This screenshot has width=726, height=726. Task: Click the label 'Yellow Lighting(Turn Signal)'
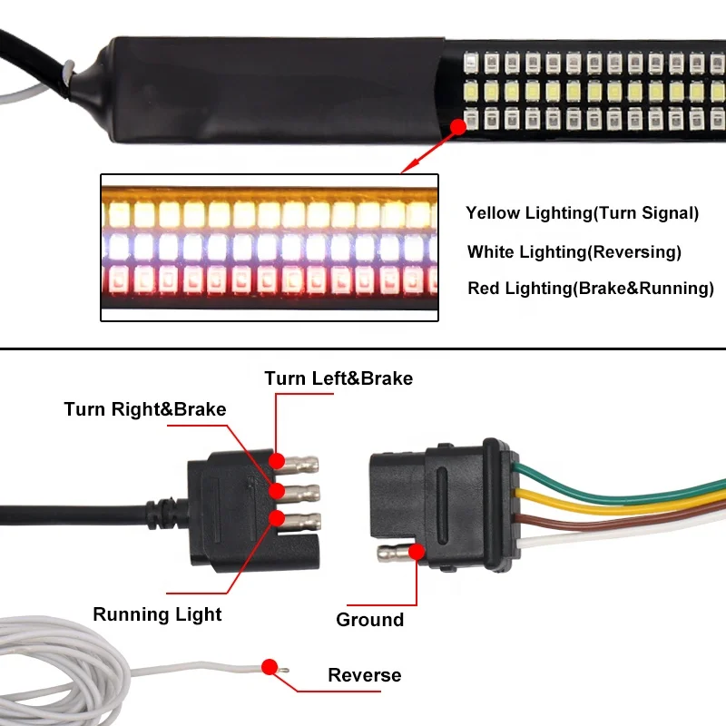[x=582, y=214]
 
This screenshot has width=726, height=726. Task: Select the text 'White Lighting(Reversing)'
[x=574, y=252]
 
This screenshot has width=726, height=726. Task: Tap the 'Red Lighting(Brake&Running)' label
[x=591, y=289]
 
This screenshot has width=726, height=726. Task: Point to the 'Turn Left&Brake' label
[x=338, y=378]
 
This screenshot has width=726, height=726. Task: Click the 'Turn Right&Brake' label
[x=145, y=409]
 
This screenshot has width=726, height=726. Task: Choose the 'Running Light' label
[x=157, y=614]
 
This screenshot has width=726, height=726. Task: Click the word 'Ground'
[x=369, y=620]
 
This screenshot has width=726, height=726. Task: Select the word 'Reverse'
[x=364, y=675]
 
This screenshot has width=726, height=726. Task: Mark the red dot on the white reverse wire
[x=269, y=667]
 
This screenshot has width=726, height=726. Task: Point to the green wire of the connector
[x=617, y=492]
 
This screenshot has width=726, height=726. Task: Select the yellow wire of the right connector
[x=617, y=506]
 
